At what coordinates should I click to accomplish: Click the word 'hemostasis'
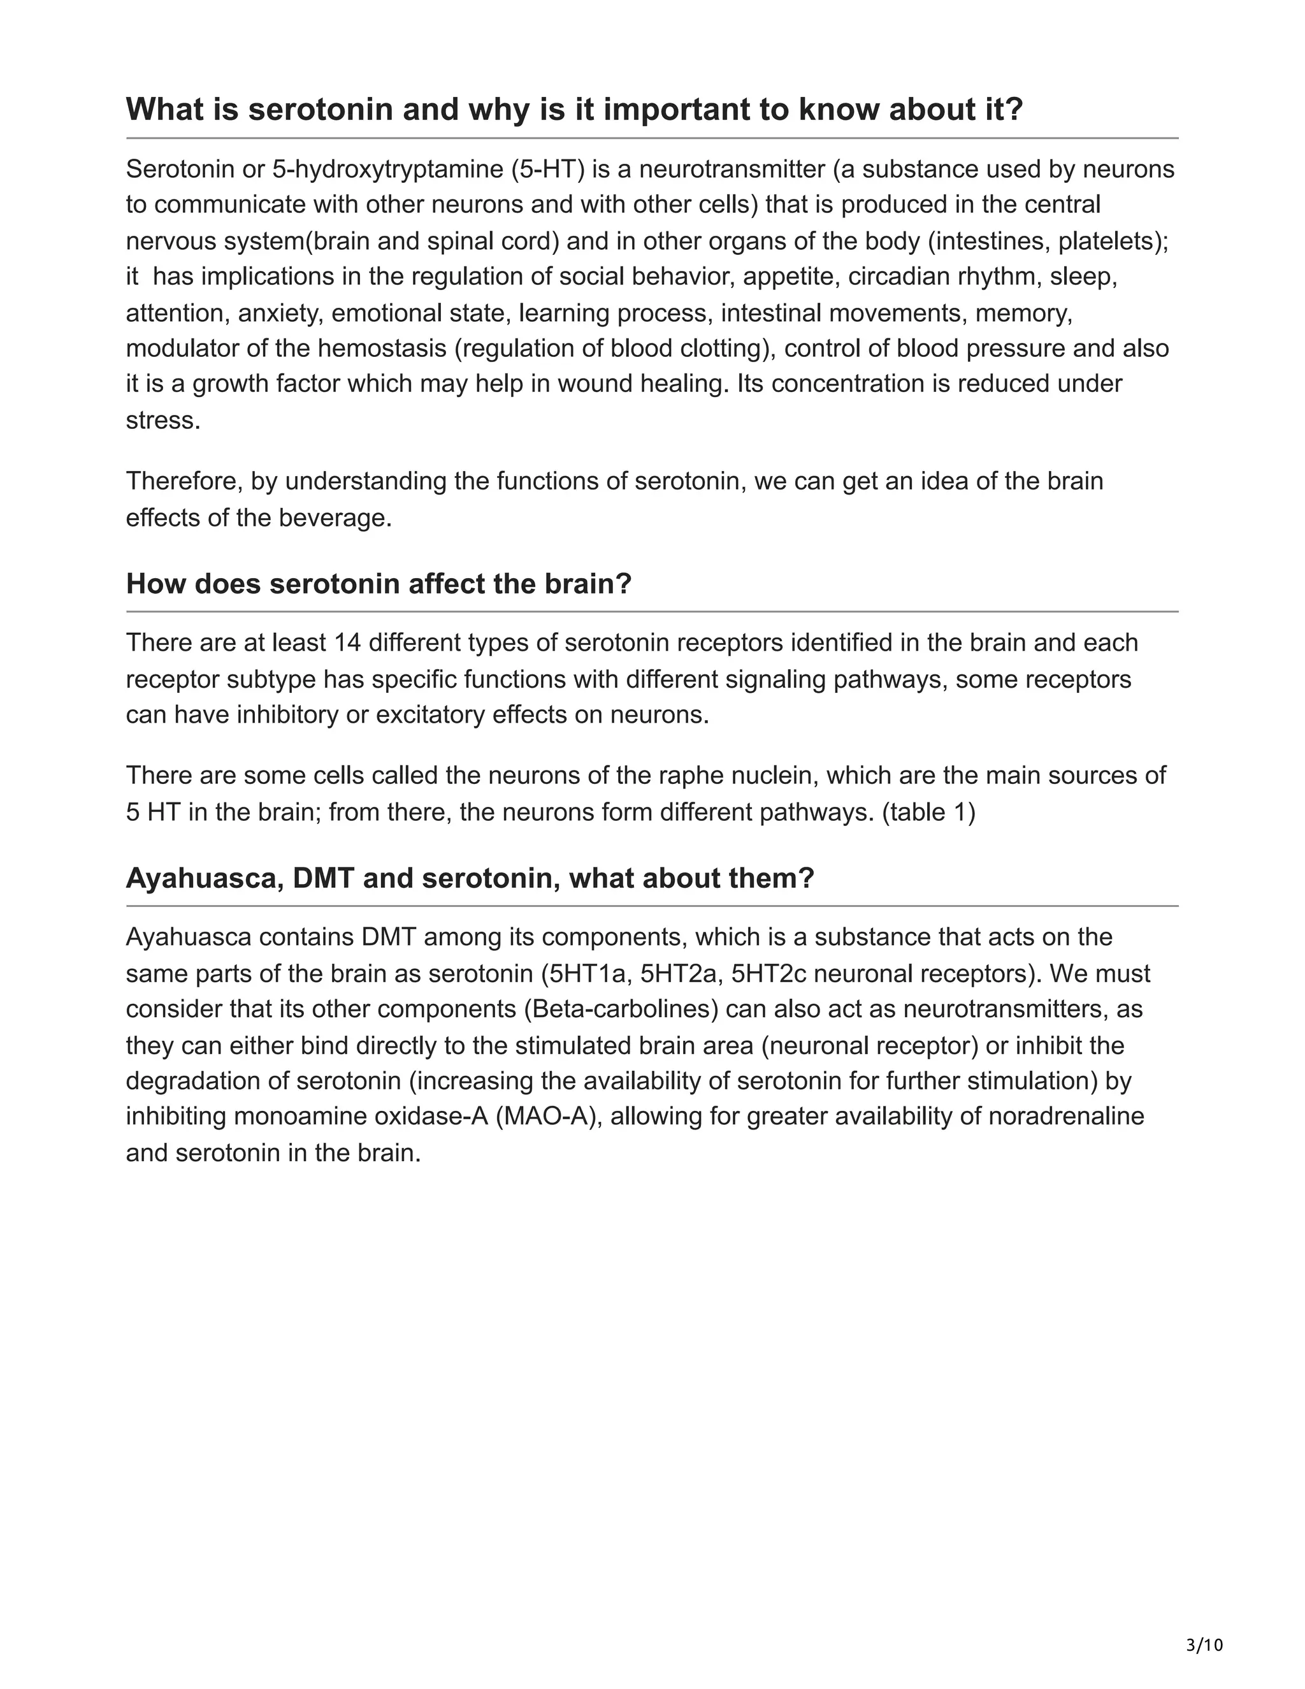382,348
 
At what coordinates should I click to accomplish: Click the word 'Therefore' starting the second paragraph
185,481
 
